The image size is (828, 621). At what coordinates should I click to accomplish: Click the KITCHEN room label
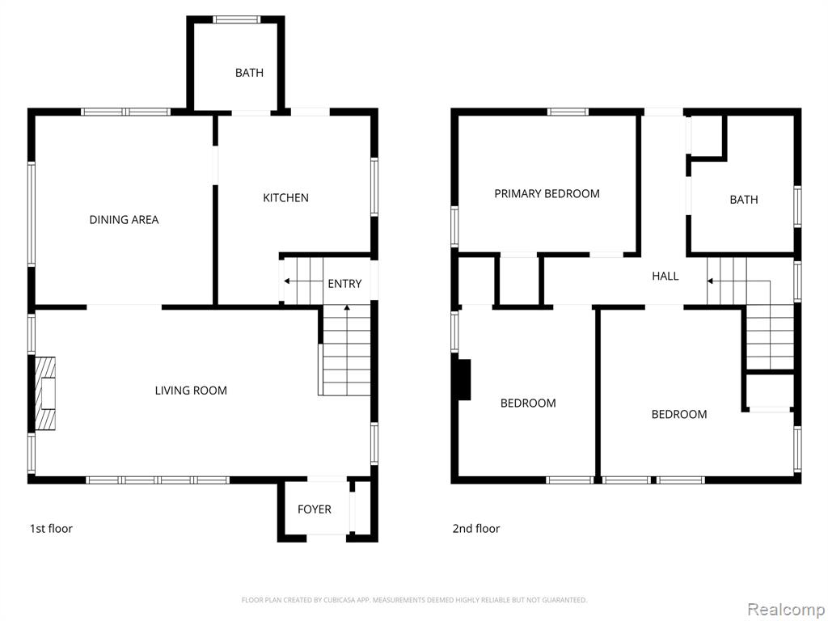(x=285, y=198)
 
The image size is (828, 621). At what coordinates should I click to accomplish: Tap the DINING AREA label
(x=124, y=220)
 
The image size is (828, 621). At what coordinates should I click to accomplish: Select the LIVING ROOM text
(x=191, y=391)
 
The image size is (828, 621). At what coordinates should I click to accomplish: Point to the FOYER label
(x=315, y=509)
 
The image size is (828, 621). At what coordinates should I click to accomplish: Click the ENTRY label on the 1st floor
(x=344, y=284)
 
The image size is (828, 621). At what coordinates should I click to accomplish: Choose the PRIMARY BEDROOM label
(x=547, y=194)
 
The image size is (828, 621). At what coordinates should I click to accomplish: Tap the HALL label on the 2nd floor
(x=665, y=277)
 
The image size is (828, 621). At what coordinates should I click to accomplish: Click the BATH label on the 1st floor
(x=249, y=73)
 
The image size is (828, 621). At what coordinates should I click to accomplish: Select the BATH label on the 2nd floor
(x=744, y=200)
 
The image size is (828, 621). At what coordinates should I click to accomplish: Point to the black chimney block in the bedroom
(x=463, y=380)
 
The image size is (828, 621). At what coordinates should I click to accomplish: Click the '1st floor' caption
(x=51, y=529)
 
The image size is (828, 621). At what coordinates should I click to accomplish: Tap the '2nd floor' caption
(x=475, y=529)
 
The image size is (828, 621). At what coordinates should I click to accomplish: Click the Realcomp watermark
(x=785, y=610)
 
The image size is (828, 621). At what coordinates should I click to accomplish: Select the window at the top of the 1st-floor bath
(x=237, y=20)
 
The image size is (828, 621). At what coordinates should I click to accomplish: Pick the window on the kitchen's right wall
(x=374, y=187)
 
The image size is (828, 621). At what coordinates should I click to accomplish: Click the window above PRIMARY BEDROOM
(x=568, y=112)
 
